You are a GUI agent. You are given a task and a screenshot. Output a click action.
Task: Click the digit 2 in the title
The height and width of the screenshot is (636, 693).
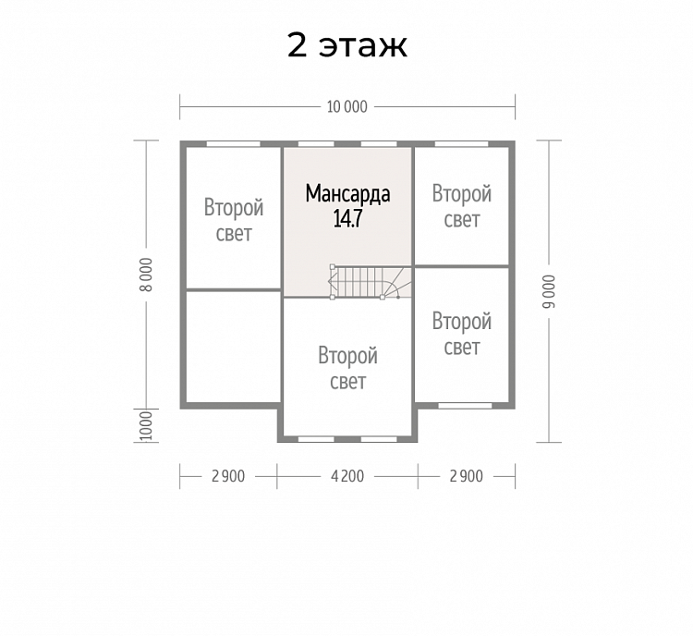[x=297, y=44]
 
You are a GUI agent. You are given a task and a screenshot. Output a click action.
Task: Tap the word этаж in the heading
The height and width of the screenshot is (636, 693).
[x=362, y=46]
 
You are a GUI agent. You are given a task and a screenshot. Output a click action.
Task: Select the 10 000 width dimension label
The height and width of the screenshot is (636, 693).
[x=346, y=107]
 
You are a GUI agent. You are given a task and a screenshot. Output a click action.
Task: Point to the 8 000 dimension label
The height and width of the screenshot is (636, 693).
[x=147, y=275]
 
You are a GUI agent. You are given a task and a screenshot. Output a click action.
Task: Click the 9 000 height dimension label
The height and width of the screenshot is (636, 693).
[x=549, y=291]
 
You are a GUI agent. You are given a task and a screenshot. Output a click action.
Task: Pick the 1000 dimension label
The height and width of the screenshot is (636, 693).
[x=146, y=426]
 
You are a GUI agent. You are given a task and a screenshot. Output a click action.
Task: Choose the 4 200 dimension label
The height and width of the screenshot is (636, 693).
[x=347, y=476]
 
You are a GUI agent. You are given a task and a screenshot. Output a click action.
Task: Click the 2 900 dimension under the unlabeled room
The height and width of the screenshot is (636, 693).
[x=228, y=476]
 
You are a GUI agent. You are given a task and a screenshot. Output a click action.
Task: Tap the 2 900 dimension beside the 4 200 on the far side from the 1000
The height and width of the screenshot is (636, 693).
[x=467, y=476]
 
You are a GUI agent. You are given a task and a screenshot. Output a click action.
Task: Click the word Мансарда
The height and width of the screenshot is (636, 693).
[x=347, y=194]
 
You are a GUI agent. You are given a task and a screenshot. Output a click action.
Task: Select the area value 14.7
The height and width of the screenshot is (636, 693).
[x=347, y=218]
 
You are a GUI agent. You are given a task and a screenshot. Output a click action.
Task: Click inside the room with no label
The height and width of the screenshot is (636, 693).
[x=234, y=347]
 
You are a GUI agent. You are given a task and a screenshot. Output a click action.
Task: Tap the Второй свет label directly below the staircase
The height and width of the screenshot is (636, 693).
[x=347, y=369]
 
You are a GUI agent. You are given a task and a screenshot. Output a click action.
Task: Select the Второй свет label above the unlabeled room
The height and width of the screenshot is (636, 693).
[x=234, y=220]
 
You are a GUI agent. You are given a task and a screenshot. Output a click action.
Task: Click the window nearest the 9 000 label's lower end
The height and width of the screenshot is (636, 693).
[x=465, y=406]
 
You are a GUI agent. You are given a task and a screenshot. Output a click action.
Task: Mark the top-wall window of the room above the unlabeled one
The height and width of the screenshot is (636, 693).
[x=234, y=143]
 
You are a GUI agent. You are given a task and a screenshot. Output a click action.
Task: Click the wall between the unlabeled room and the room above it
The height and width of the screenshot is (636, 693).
[x=234, y=290]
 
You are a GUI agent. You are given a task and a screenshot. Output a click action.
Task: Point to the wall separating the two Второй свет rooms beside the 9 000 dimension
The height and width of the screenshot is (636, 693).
[x=461, y=266]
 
